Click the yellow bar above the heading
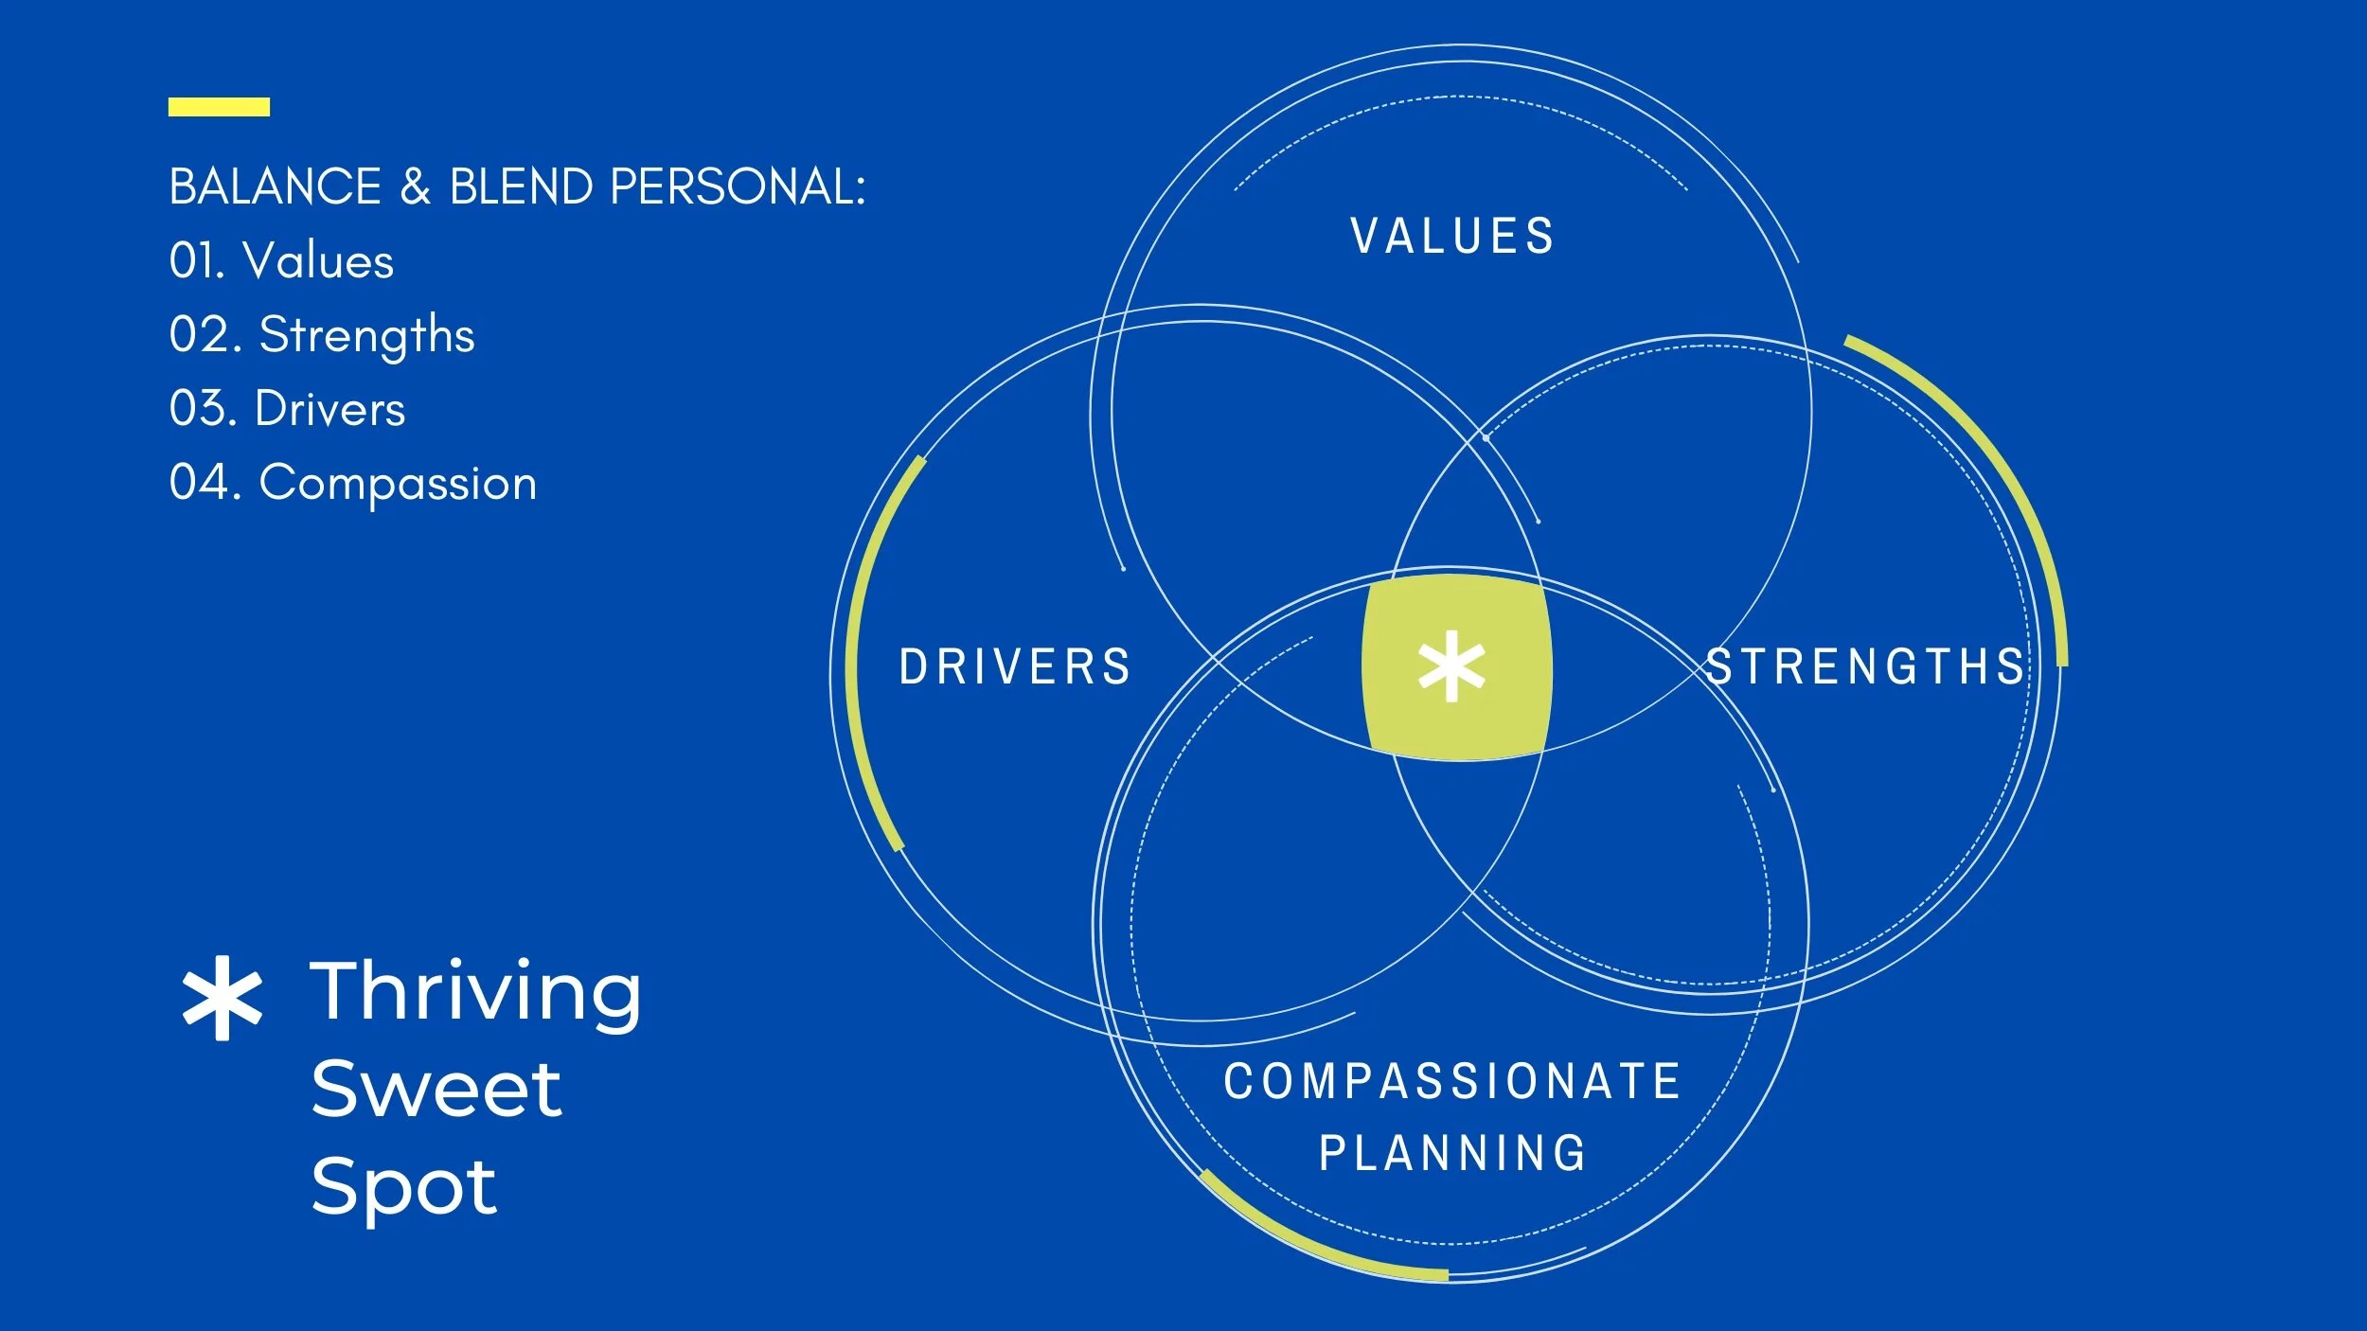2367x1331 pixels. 219,107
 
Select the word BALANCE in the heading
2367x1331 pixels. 275,186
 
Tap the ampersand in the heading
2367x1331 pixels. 415,186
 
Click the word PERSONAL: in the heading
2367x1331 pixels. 738,186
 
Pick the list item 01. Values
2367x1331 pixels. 281,260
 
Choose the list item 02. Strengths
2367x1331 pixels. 322,335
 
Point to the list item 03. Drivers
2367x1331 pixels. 287,409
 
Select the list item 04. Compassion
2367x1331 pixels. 352,483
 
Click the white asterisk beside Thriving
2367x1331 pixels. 222,998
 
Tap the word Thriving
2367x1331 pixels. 475,992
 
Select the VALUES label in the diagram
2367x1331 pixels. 1452,237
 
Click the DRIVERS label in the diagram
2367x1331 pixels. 1015,666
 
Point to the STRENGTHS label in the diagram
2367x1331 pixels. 1865,666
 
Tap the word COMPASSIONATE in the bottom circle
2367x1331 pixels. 1452,1081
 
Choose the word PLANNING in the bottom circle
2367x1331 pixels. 1452,1153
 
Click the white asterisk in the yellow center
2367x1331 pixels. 1451,666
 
